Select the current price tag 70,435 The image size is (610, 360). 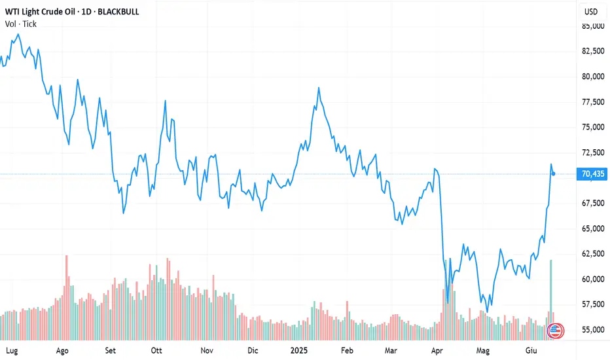pos(592,173)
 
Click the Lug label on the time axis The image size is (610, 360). pos(11,350)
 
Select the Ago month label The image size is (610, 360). pos(63,350)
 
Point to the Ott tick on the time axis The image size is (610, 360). pos(156,350)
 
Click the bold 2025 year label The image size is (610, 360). pos(300,350)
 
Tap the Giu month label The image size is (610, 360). pos(532,350)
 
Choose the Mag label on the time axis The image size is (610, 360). pos(483,350)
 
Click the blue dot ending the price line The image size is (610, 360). pos(554,173)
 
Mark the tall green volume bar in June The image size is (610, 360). pos(551,295)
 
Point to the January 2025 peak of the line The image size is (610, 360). pos(319,88)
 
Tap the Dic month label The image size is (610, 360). pos(253,350)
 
